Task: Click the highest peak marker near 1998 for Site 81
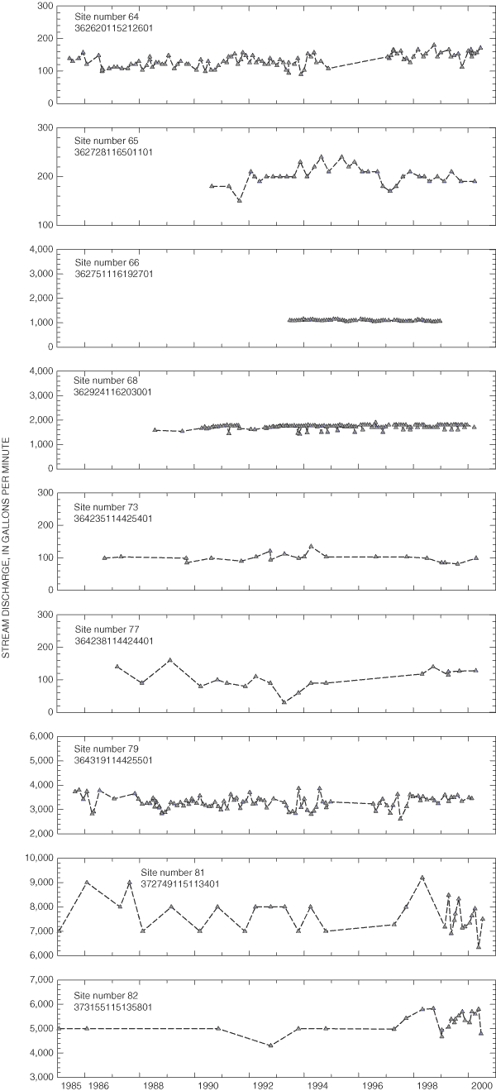pyautogui.click(x=422, y=878)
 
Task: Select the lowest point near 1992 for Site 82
pyautogui.click(x=270, y=1046)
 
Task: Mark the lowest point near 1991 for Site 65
pyautogui.click(x=240, y=200)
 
